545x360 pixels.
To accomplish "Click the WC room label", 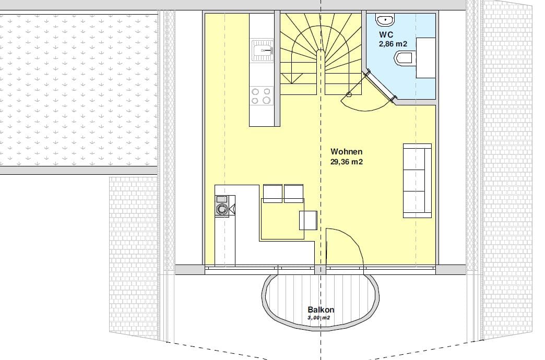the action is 386,34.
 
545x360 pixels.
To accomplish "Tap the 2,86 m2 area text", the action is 393,44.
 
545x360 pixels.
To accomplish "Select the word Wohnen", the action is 347,151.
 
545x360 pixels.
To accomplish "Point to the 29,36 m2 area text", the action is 347,162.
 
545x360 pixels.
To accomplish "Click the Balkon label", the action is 321,309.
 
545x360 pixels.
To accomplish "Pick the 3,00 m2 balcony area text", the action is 319,318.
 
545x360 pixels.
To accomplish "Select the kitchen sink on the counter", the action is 263,51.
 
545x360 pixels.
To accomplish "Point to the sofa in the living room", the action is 418,181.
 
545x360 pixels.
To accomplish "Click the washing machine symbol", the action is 222,209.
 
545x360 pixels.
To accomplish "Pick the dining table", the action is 282,219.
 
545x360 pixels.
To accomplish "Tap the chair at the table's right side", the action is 309,220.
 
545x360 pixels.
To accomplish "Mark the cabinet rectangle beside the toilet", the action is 426,58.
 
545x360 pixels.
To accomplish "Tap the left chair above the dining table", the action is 272,194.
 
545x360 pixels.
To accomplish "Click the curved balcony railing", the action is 321,328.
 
